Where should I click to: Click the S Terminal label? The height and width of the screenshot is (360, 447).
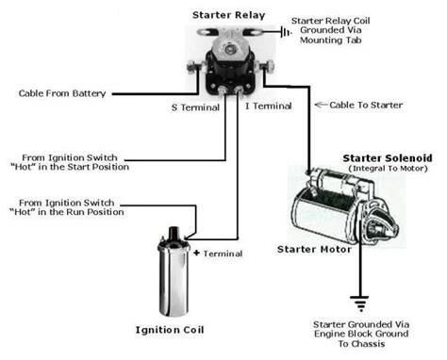[x=194, y=107]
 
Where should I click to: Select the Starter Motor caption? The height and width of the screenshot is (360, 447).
[x=313, y=250]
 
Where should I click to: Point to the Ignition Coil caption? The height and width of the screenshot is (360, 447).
[x=173, y=331]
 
